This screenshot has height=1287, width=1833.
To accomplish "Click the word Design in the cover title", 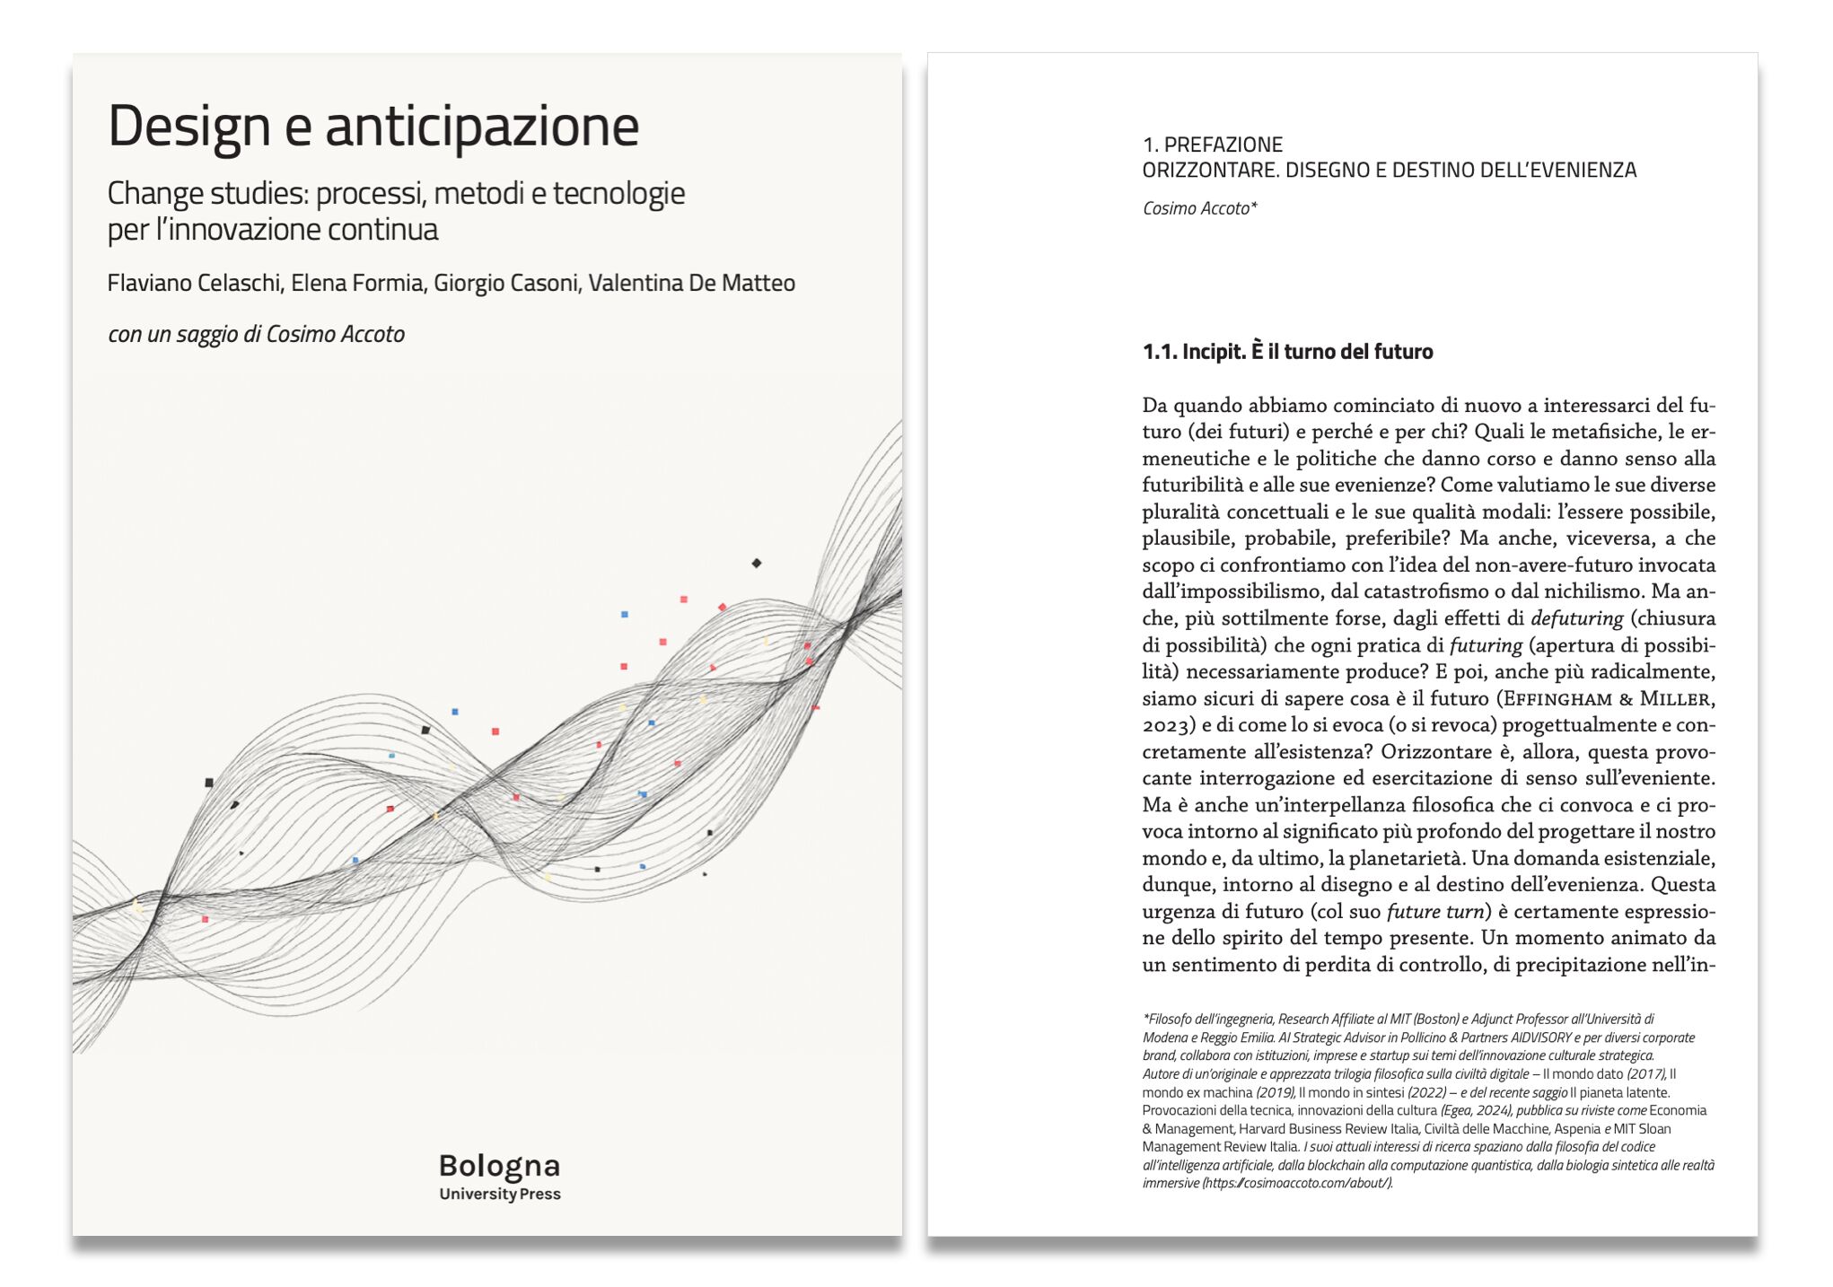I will point(189,126).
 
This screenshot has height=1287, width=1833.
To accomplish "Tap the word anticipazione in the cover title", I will point(482,126).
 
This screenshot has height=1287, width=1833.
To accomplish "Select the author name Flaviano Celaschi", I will point(193,283).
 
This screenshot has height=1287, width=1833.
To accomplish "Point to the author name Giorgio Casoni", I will point(505,283).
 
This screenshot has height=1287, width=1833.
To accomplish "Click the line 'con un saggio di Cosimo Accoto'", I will point(256,334).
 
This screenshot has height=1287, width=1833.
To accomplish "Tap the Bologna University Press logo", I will point(499,1176).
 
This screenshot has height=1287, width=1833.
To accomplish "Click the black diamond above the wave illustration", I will point(756,564).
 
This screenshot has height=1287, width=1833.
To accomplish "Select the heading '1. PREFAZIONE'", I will point(1212,144).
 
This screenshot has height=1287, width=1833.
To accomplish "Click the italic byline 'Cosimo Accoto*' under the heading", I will point(1199,208).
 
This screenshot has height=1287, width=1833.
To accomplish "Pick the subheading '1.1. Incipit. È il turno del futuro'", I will point(1287,352).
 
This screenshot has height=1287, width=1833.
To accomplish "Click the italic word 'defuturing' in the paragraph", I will point(1576,618).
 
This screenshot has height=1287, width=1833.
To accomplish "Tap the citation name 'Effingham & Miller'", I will point(1607,698).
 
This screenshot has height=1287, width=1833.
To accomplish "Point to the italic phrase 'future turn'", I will point(1434,912).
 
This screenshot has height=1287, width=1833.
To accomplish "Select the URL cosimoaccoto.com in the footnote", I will point(1297,1183).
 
